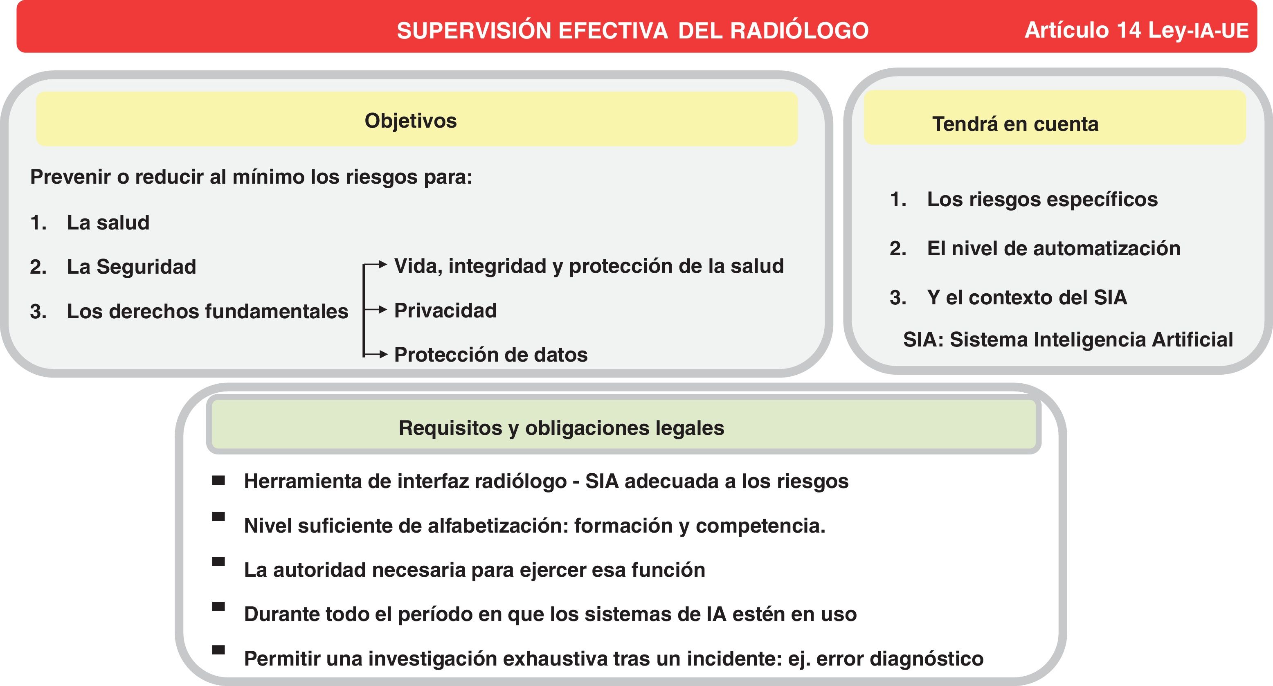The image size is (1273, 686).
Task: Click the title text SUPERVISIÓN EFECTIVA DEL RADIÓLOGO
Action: coord(632,31)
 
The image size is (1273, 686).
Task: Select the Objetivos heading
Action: coord(411,121)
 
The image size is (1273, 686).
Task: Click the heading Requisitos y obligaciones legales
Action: coord(561,427)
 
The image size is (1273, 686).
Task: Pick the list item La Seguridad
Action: coord(131,267)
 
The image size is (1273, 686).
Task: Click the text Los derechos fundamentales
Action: coord(207,311)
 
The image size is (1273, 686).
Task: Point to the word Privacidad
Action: coord(445,310)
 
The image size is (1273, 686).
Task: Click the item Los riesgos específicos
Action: coord(1042,199)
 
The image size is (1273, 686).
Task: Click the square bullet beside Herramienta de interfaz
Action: coord(218,480)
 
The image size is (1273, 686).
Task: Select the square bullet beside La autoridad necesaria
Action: coord(218,562)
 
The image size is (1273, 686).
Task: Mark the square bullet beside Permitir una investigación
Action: coord(218,650)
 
